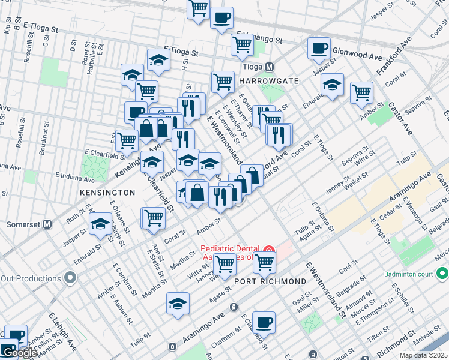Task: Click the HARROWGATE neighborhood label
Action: tap(265, 80)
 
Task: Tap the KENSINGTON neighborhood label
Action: tap(107, 193)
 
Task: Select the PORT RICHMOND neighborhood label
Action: tap(270, 281)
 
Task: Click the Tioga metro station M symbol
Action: tap(270, 67)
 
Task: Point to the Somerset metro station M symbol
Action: tap(47, 223)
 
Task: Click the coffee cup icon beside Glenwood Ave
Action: tap(319, 47)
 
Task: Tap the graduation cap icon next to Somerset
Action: tap(100, 224)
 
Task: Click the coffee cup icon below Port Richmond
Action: tap(264, 322)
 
